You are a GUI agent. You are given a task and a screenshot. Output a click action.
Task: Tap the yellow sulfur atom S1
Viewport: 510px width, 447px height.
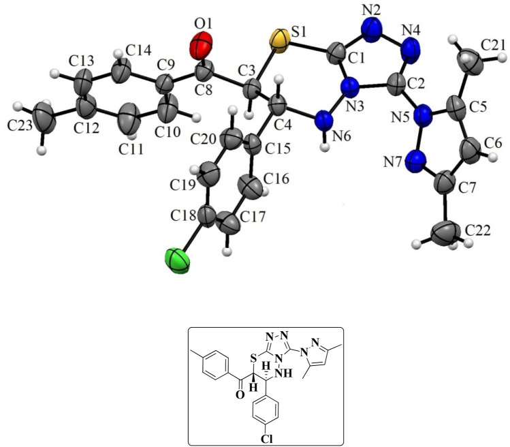[278, 39]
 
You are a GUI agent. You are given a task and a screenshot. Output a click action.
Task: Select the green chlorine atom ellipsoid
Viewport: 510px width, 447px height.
[178, 262]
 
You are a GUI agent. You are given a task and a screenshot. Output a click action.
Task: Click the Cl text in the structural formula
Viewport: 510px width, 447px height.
[266, 436]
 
